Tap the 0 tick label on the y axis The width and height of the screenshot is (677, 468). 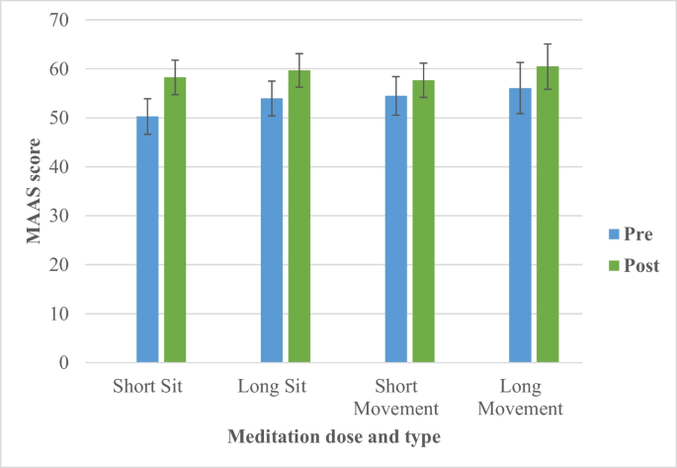(x=62, y=363)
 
